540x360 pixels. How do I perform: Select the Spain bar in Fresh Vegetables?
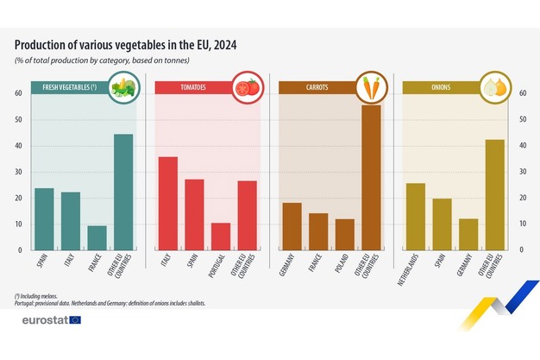click(44, 219)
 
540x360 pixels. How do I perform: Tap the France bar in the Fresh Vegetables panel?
click(97, 238)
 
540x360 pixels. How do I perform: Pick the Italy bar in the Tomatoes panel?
click(168, 204)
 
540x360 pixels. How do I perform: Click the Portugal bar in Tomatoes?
click(221, 237)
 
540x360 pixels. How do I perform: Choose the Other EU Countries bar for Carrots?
click(371, 178)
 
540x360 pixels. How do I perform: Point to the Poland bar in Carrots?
click(345, 235)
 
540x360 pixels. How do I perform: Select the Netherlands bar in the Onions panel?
click(416, 217)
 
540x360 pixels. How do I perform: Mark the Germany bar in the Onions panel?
click(468, 235)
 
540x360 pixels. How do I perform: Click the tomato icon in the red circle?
click(247, 87)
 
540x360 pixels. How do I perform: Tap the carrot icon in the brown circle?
click(371, 87)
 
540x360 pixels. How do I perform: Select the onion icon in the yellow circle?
click(494, 87)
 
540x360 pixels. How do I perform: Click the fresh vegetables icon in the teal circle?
click(123, 87)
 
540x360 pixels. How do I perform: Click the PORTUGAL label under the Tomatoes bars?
click(221, 265)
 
